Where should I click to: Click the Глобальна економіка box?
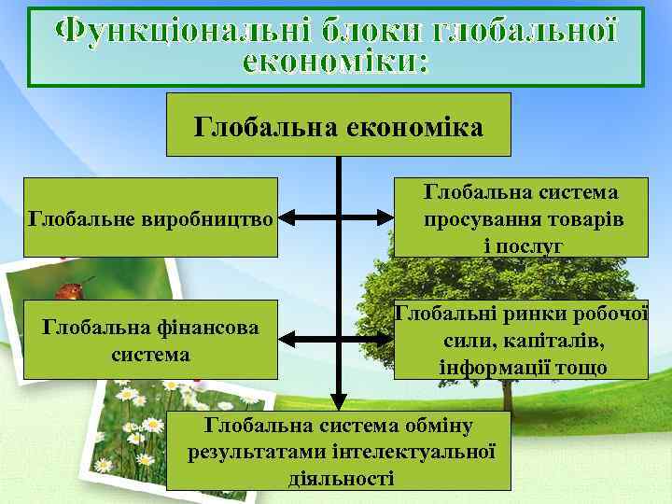point(338,124)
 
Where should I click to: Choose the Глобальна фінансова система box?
point(150,340)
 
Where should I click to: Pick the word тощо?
point(581,367)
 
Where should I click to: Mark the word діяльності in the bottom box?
point(342,478)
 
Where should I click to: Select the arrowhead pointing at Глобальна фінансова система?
point(287,340)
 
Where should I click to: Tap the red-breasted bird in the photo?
point(69,290)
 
